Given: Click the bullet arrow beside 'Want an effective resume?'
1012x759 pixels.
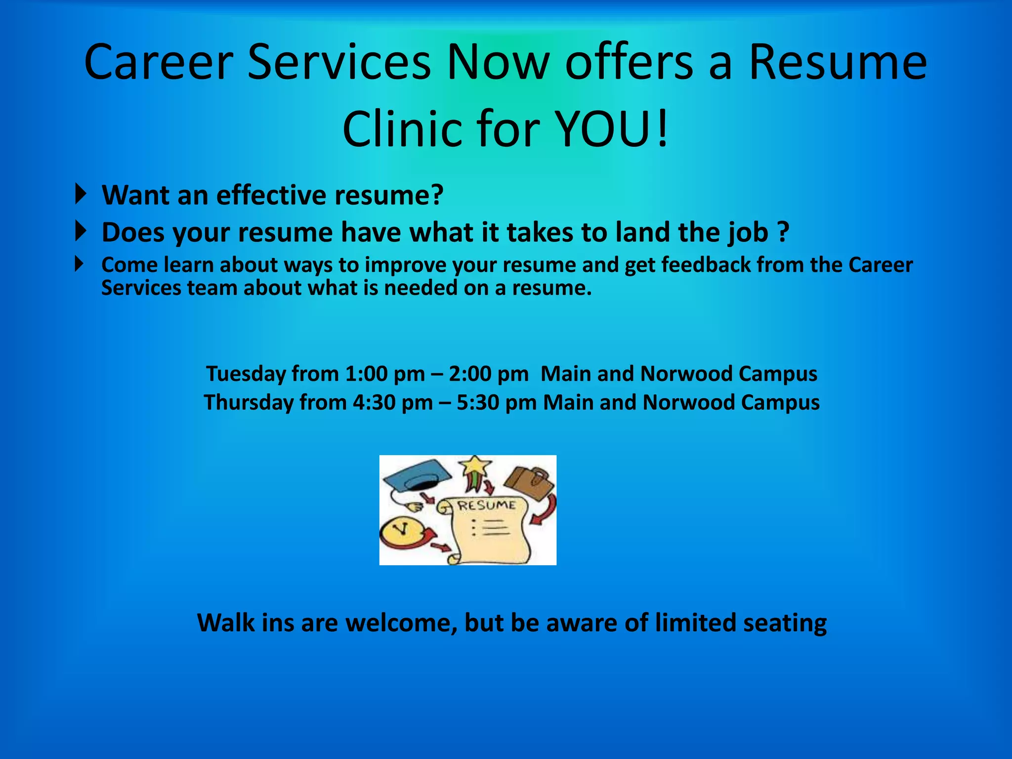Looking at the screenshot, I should [81, 194].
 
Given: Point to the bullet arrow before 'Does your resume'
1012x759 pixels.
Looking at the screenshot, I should [81, 231].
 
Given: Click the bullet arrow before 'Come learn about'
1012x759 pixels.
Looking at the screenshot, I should [80, 264].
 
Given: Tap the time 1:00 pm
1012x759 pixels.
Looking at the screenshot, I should [385, 374].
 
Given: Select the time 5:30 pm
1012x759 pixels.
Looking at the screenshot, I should [497, 403].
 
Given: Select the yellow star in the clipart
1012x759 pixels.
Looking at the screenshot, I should [475, 466].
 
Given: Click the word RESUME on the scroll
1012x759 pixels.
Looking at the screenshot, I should [486, 505].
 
